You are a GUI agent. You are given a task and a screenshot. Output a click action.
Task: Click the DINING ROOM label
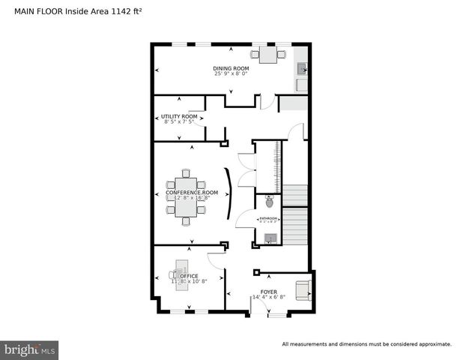point(231,68)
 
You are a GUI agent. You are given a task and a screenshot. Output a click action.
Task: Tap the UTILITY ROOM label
point(179,116)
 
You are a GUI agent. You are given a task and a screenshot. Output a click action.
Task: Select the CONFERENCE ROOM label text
point(192,193)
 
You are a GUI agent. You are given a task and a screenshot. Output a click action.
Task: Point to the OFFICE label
point(189,276)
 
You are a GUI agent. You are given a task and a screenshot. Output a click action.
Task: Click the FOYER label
point(268,291)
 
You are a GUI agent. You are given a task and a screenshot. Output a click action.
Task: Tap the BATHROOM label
point(268,218)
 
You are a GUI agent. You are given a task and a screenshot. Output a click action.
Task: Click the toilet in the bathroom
point(269,202)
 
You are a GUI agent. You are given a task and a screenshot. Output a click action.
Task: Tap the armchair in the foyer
point(303,289)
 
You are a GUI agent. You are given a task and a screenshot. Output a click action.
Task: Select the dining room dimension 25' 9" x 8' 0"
point(231,74)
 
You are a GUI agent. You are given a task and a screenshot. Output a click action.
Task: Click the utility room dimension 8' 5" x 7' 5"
point(179,122)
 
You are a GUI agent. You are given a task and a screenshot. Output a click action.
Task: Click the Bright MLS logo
point(30,349)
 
